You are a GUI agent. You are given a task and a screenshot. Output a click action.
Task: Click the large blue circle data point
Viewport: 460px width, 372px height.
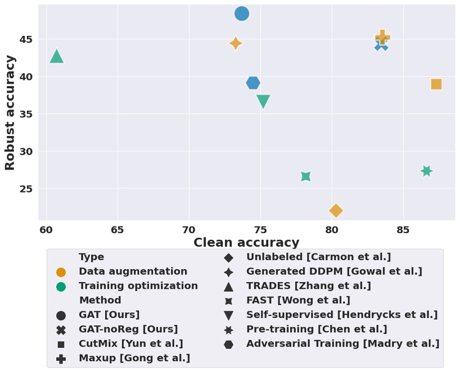pyautogui.click(x=242, y=13)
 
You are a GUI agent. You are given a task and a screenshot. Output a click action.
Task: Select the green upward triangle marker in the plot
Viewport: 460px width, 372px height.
pyautogui.click(x=56, y=56)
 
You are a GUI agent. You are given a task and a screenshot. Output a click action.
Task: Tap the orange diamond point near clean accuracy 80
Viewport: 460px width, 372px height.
pyautogui.click(x=336, y=211)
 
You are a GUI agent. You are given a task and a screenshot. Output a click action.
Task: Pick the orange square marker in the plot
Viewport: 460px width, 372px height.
pyautogui.click(x=436, y=84)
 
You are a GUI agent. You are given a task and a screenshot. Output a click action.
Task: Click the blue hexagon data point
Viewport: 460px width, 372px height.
pyautogui.click(x=253, y=83)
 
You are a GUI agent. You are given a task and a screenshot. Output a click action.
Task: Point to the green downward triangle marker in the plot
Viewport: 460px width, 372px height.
pyautogui.click(x=263, y=101)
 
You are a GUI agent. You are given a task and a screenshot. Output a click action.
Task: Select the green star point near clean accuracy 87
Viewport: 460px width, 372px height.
pyautogui.click(x=426, y=171)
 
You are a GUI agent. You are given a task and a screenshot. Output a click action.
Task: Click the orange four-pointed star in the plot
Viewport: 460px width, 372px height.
pyautogui.click(x=236, y=43)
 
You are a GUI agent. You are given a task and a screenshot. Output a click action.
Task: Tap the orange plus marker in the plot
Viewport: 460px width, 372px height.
pyautogui.click(x=382, y=37)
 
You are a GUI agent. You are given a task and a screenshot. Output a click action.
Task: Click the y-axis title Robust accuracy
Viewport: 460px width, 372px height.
pyautogui.click(x=10, y=112)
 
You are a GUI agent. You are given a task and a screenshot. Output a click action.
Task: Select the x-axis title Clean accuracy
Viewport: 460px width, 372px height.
pyautogui.click(x=246, y=243)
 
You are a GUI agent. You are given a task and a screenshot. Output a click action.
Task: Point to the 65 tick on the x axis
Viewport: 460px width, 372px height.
pyautogui.click(x=118, y=230)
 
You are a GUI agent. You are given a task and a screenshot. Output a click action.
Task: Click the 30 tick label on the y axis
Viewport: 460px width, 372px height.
pyautogui.click(x=25, y=152)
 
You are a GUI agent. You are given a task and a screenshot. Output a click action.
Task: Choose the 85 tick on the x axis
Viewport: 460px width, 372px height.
pyautogui.click(x=403, y=230)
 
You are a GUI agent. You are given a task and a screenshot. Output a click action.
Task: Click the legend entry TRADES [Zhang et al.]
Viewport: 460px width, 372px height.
pyautogui.click(x=308, y=286)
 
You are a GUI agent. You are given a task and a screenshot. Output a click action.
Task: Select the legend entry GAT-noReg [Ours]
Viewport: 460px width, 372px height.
pyautogui.click(x=128, y=329)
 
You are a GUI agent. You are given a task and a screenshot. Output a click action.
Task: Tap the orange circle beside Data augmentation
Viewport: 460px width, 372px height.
pyautogui.click(x=61, y=272)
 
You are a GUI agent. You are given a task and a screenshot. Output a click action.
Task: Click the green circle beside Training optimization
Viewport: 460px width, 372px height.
pyautogui.click(x=61, y=287)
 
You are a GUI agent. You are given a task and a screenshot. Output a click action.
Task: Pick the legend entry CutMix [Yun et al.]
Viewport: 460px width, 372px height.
pyautogui.click(x=130, y=343)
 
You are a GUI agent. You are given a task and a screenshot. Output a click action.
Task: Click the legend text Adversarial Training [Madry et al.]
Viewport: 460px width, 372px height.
pyautogui.click(x=342, y=343)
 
